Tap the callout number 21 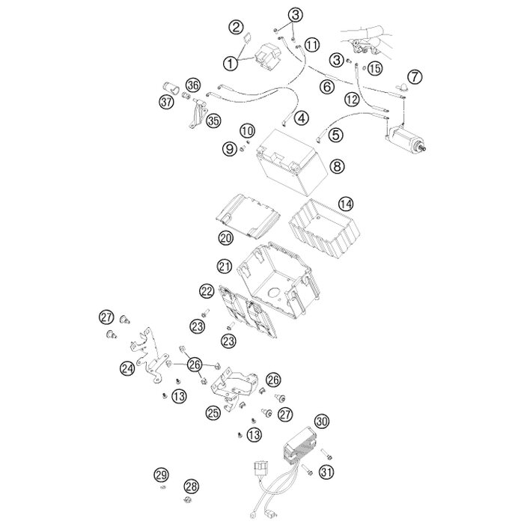pos(224,266)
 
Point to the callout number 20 pos(225,237)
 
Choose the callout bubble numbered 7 pos(415,76)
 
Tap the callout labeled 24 pos(128,368)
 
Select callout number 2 pos(236,28)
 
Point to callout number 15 pos(375,68)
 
